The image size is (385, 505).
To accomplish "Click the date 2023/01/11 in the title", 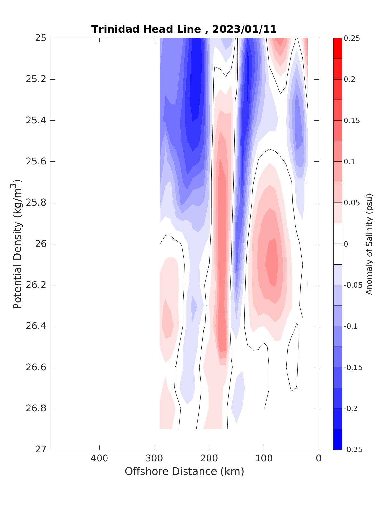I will pos(244,29).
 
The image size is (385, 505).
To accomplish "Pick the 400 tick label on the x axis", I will pos(99,459).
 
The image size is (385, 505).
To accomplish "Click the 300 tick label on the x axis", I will pos(154,459).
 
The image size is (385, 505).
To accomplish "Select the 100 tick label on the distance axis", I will pos(264,459).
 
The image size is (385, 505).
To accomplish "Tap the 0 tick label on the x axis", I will pos(319,459).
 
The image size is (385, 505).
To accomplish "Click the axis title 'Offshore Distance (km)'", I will pos(184,471).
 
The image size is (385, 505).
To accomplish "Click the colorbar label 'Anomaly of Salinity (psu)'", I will pos(369,244).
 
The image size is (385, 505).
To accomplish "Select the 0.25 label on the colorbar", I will pos(352,38).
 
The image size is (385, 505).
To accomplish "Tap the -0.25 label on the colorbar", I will pos(353,450).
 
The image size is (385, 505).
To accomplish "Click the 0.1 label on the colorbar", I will pos(349,162).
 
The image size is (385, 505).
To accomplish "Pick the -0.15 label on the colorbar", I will pos(353,367).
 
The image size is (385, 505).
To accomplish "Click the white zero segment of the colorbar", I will pos(338,244).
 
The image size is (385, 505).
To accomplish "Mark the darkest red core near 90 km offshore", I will pos(272,261).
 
